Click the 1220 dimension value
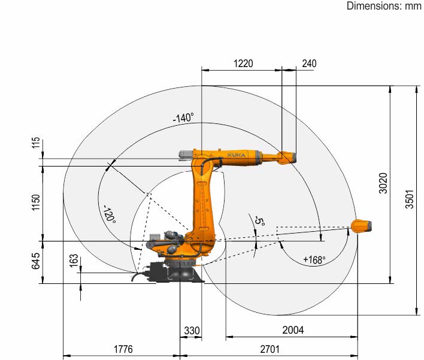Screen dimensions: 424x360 pos(243,63)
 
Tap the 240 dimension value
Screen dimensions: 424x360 pos(309,63)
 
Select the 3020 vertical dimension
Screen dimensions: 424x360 pos(383,183)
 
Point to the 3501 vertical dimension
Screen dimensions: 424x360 pos(410,199)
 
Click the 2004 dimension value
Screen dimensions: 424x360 pos(293,330)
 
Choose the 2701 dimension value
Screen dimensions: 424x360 pos(269,349)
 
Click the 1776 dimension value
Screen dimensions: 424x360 pos(123,349)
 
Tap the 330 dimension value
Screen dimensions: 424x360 pos(192,331)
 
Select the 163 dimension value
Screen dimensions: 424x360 pos(74,261)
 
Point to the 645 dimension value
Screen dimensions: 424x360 pos(36,261)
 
